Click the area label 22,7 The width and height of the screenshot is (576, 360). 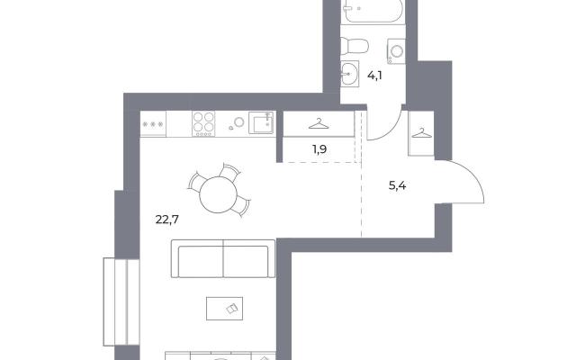coord(166,220)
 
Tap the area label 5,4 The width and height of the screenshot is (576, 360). coord(397,186)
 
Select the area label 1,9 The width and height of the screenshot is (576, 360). coord(319,149)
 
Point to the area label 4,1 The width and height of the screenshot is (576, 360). coord(374,76)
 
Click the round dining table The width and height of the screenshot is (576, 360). coord(218,194)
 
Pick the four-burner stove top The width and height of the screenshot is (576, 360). coord(203,124)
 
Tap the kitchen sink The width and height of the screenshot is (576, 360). coord(261,122)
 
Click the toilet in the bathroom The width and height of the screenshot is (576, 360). coord(354,46)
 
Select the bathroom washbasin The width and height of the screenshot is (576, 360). coord(349,74)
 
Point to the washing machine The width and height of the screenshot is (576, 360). coord(396,51)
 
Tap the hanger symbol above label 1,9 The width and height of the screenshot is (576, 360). coord(319,124)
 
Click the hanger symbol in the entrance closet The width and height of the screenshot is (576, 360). coord(422,133)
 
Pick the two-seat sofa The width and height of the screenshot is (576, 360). coord(223,258)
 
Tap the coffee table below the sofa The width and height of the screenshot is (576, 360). coord(224,309)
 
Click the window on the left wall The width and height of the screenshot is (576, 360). coord(121,302)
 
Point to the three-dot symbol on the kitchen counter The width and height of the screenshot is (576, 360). coord(153,124)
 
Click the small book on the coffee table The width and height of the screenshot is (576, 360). coord(231,309)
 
